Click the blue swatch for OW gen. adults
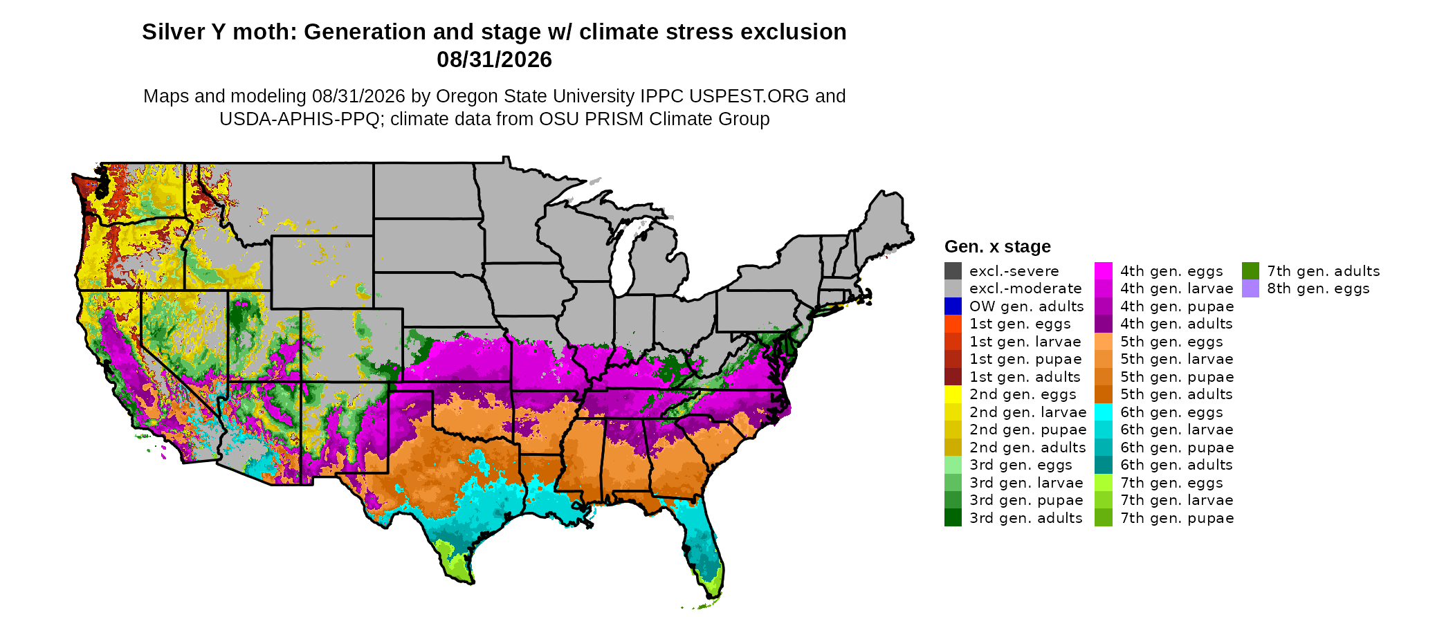pyautogui.click(x=953, y=306)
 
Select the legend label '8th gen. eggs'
pyautogui.click(x=1318, y=288)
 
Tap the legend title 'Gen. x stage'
pyautogui.click(x=997, y=246)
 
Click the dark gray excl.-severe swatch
pyautogui.click(x=953, y=270)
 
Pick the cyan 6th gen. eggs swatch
pyautogui.click(x=1104, y=412)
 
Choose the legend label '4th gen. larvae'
pyautogui.click(x=1176, y=288)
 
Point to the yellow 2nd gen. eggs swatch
pyautogui.click(x=953, y=394)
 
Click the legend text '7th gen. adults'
pyautogui.click(x=1323, y=271)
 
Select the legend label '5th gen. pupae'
pyautogui.click(x=1177, y=377)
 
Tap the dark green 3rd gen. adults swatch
pyautogui.click(x=953, y=517)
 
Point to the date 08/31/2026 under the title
pyautogui.click(x=494, y=59)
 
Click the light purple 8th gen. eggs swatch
pyautogui.click(x=1250, y=288)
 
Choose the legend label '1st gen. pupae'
pyautogui.click(x=1025, y=359)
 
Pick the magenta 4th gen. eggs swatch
pyautogui.click(x=1104, y=270)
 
